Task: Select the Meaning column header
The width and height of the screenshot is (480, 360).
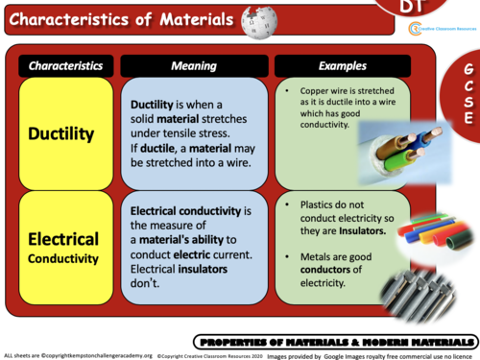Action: tap(193, 66)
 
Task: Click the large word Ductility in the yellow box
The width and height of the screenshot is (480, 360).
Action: tap(67, 134)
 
